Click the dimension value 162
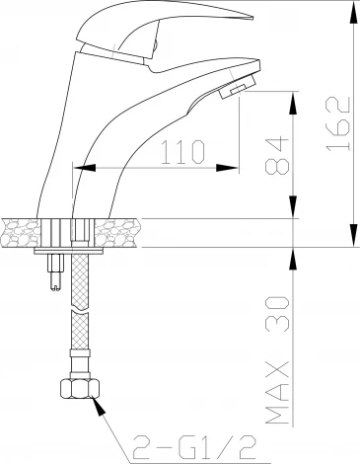coord(338,123)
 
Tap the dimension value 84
coord(277,155)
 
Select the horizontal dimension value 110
coord(182,152)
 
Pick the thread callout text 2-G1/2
coord(194,447)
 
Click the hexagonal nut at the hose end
coord(80,389)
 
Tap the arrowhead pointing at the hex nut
coord(99,406)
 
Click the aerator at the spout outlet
coord(238,87)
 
